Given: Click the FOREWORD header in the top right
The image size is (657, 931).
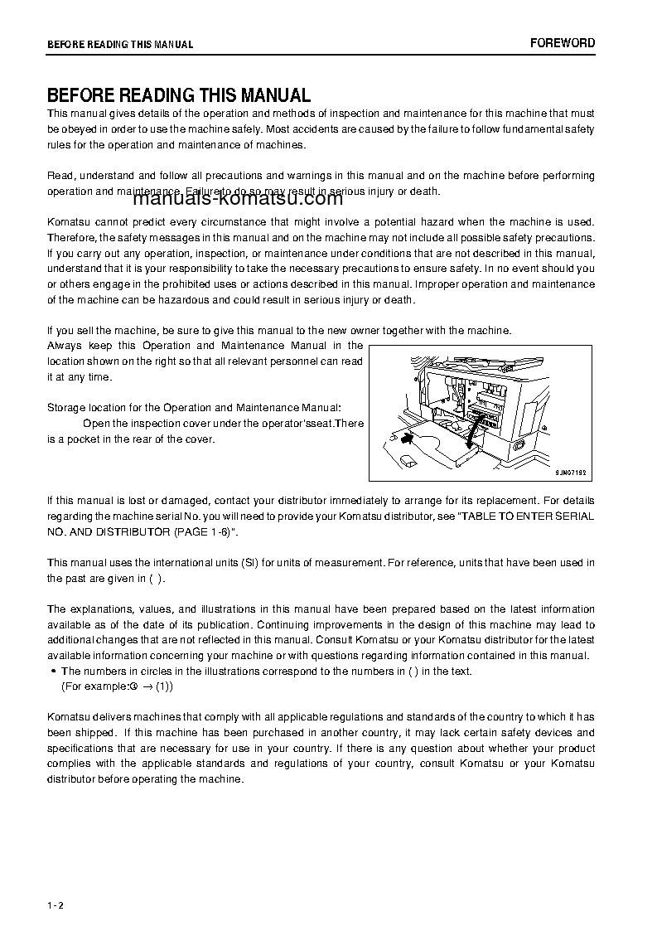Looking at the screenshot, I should pos(563,43).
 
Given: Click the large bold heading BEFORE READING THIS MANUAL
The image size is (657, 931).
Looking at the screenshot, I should pos(178,95).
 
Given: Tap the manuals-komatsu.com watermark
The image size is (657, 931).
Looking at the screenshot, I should pos(236,198).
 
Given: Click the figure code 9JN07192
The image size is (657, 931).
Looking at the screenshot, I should pos(571,471).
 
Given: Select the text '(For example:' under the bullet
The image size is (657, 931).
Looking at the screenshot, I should pos(94,686).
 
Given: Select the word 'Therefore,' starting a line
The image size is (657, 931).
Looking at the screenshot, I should pos(72,238).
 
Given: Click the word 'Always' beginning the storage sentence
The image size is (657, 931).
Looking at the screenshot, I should pos(64,346).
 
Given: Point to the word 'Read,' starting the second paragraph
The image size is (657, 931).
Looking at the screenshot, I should pos(60,176).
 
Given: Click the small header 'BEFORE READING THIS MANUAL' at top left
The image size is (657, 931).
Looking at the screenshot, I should pos(120,45).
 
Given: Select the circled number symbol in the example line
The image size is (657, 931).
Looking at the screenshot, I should pos(133,686).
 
